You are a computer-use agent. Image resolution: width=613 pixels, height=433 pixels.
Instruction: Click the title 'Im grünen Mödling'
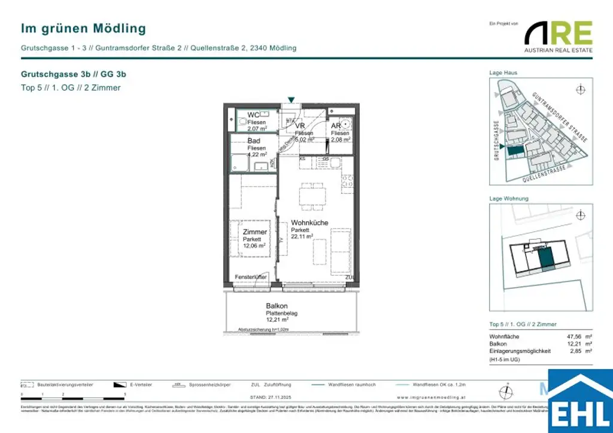pos(83,28)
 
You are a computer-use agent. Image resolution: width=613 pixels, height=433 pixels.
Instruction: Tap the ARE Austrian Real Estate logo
pos(558,36)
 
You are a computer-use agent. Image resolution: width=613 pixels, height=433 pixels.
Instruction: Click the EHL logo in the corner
pos(580,402)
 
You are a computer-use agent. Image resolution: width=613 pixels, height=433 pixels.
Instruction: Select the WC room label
pos(253,115)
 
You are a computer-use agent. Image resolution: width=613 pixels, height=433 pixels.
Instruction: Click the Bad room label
pos(254,141)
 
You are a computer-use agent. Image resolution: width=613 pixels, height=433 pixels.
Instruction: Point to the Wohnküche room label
pos(309,223)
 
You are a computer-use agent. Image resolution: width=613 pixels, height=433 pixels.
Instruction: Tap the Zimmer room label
pos(254,232)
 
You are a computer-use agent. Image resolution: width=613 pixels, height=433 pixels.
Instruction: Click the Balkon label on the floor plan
pos(276,306)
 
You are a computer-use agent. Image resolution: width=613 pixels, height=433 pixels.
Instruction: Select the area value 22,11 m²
pos(302,236)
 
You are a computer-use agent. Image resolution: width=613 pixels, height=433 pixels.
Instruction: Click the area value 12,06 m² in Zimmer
pos(254,245)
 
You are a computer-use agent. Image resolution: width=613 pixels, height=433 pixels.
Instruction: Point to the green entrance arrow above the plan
pos(292,100)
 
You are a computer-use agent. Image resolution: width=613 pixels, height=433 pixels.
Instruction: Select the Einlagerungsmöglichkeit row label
pos(520,351)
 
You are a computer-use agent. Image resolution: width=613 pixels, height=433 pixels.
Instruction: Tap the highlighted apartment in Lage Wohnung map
pos(545,258)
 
